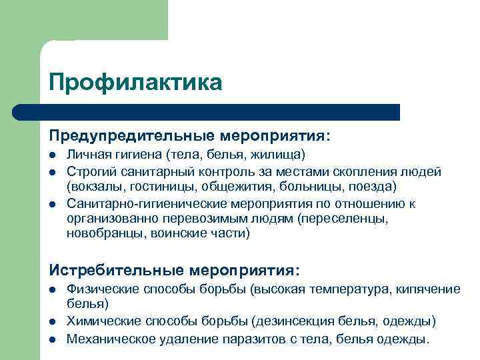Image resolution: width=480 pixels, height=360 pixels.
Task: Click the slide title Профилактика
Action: (135, 83)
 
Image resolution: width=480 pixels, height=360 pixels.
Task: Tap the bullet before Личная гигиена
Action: (52, 155)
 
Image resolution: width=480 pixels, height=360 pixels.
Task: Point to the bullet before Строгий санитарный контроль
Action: (52, 173)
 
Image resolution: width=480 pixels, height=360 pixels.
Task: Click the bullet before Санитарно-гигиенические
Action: (52, 203)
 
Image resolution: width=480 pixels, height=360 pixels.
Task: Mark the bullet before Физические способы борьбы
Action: (52, 289)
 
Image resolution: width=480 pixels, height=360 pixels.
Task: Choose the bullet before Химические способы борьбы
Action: (52, 322)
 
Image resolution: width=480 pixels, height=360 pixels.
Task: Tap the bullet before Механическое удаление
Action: (52, 339)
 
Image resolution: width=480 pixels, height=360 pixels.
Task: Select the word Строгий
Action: (89, 172)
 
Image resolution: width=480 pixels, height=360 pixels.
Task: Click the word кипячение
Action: (427, 289)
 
